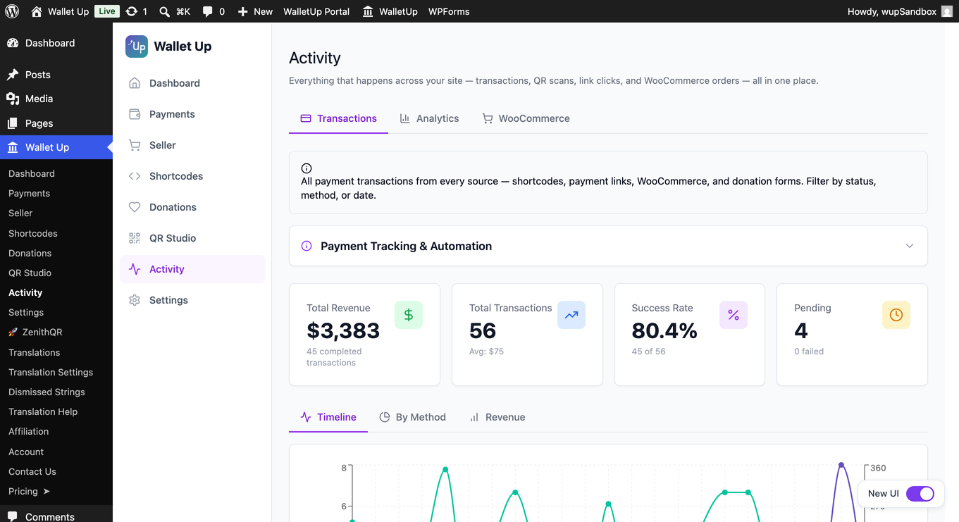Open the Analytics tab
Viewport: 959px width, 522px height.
click(x=429, y=118)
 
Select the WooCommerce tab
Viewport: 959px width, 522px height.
click(x=526, y=118)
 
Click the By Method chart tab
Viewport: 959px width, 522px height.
click(x=413, y=417)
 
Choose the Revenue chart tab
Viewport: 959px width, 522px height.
click(x=497, y=417)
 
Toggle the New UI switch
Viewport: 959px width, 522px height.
click(x=920, y=494)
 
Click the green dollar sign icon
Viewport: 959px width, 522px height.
click(x=409, y=315)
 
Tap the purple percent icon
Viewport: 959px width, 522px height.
click(x=734, y=315)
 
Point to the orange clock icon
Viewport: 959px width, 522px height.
click(x=896, y=315)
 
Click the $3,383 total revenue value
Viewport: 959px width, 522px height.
click(x=343, y=331)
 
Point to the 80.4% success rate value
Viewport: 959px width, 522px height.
click(x=664, y=331)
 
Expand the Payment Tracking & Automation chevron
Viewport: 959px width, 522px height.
click(x=910, y=246)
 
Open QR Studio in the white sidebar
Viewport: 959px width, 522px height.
click(x=173, y=238)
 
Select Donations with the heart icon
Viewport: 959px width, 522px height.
click(x=173, y=207)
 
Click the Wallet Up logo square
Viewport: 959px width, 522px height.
click(x=137, y=46)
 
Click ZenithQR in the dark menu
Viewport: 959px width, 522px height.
click(x=42, y=332)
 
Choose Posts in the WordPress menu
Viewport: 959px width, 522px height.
click(x=37, y=75)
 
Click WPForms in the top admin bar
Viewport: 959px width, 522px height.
click(x=449, y=11)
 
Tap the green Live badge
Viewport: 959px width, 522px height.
click(x=106, y=11)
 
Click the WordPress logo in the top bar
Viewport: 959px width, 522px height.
click(x=12, y=11)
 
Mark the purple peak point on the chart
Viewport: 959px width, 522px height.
click(x=841, y=465)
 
